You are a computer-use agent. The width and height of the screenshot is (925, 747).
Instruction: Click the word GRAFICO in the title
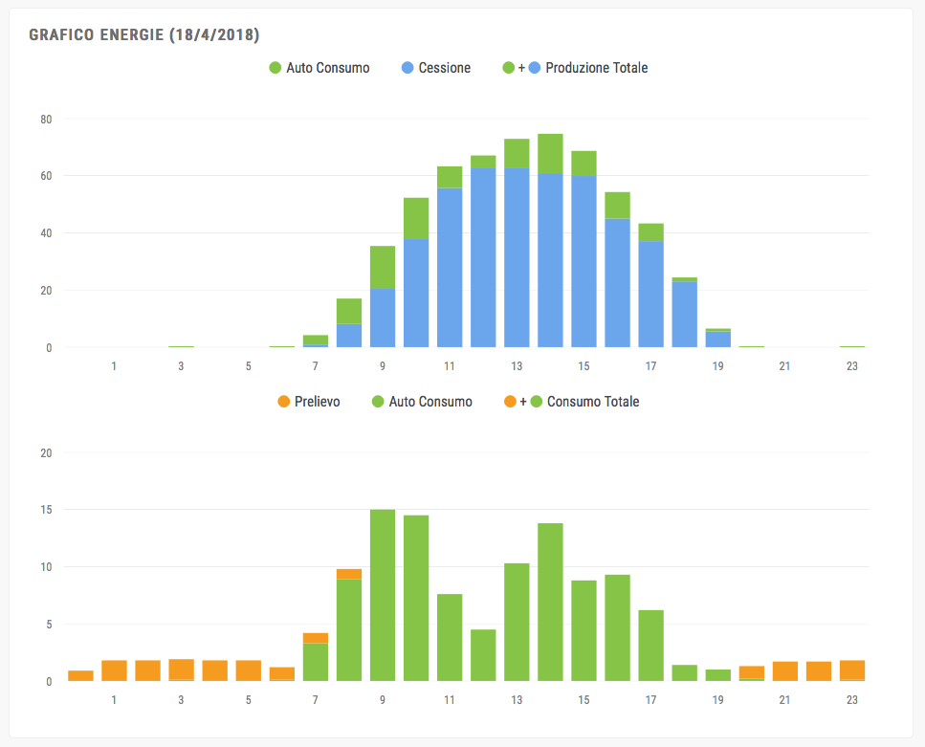coord(61,35)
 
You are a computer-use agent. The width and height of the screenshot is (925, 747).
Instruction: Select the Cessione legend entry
coord(444,68)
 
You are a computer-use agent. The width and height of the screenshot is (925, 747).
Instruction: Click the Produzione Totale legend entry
coord(596,68)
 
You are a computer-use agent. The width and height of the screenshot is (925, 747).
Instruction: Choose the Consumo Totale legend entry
coord(592,402)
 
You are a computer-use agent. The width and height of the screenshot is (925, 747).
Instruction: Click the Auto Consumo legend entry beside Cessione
coord(327,68)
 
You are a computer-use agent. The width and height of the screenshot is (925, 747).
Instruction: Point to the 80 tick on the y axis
coord(46,120)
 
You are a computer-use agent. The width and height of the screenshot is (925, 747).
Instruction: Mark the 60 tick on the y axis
coord(46,176)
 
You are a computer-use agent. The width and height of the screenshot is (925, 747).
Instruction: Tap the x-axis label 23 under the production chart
coord(852,366)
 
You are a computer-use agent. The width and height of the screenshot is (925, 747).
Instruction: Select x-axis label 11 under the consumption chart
coord(450,700)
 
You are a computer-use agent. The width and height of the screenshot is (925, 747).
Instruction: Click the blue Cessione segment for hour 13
coord(517,258)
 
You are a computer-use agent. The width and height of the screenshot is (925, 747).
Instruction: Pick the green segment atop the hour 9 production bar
coord(383,267)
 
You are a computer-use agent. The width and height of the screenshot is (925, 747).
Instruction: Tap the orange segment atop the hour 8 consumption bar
coord(349,574)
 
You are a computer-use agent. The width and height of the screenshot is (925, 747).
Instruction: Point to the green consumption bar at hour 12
coord(483,655)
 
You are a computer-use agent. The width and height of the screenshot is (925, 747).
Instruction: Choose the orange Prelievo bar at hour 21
coord(785,671)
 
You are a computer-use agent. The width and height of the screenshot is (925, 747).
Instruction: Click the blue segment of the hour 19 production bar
coord(718,340)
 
